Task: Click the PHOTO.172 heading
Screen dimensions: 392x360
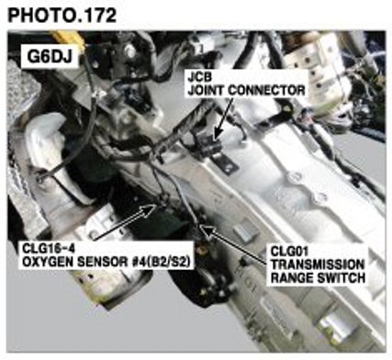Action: click(62, 15)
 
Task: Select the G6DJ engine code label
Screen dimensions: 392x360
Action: click(50, 56)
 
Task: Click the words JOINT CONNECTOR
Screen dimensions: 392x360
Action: click(246, 90)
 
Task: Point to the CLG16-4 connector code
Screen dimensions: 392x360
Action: click(48, 248)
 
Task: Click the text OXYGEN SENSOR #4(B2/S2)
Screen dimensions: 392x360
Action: click(106, 262)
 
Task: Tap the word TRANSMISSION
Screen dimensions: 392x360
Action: click(318, 264)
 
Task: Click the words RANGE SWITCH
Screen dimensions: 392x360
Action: click(318, 278)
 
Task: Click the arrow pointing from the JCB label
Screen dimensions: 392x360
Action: click(225, 118)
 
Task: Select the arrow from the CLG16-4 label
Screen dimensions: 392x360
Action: click(124, 222)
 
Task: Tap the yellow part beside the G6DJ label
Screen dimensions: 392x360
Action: click(68, 39)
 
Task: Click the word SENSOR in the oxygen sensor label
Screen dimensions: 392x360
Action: click(101, 262)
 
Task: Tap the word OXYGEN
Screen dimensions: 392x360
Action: click(48, 262)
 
